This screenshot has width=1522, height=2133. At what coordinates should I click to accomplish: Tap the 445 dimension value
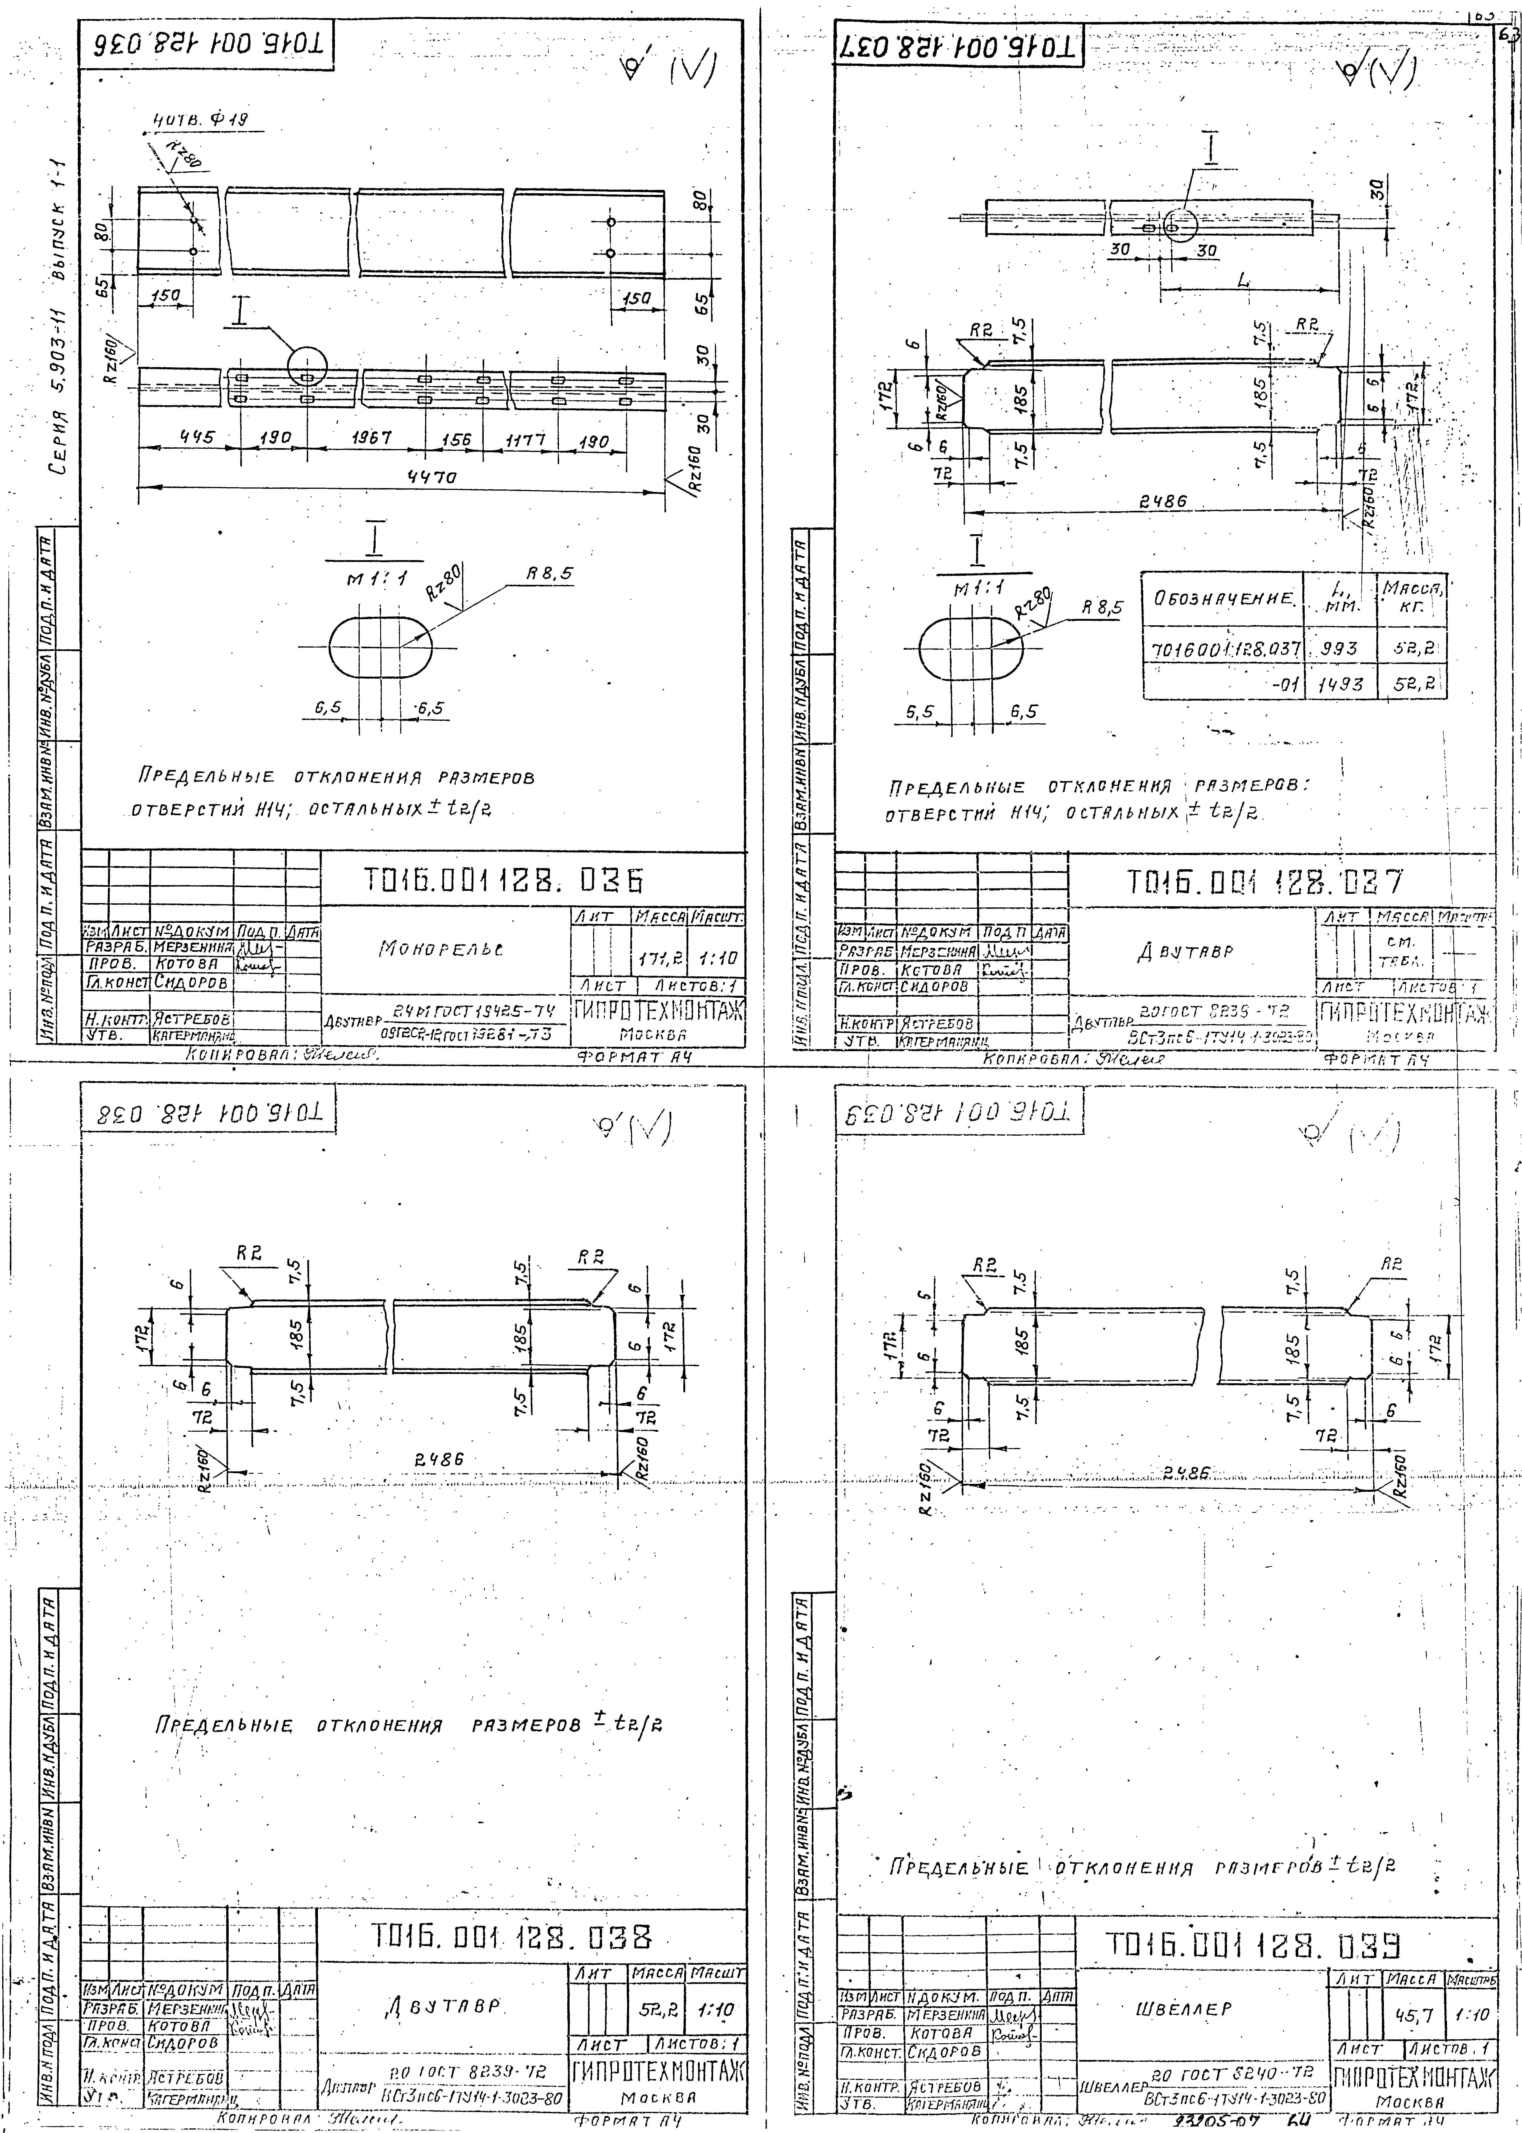pos(197,438)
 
